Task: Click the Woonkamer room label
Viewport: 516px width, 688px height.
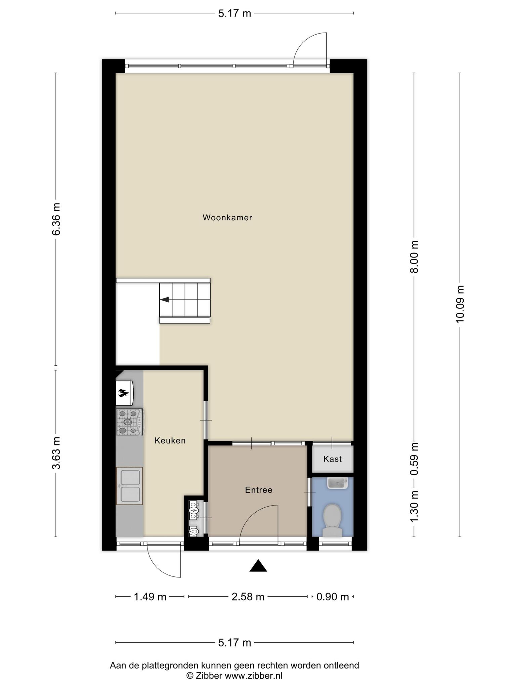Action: pyautogui.click(x=227, y=218)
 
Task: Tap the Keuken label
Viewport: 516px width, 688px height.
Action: pyautogui.click(x=170, y=440)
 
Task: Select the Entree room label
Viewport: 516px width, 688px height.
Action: pyautogui.click(x=259, y=490)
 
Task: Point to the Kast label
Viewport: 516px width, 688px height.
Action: pyautogui.click(x=333, y=459)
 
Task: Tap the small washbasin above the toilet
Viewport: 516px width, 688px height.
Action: pyautogui.click(x=338, y=483)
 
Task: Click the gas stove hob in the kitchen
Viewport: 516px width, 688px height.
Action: pyautogui.click(x=129, y=422)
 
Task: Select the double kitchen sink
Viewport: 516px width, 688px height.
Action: pyautogui.click(x=130, y=486)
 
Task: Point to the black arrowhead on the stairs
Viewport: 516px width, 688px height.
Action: pyautogui.click(x=164, y=300)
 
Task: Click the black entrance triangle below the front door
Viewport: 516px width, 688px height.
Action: pyautogui.click(x=258, y=566)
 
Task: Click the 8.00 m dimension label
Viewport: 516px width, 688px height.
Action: pyautogui.click(x=415, y=257)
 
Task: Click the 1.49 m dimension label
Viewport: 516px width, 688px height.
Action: pyautogui.click(x=150, y=597)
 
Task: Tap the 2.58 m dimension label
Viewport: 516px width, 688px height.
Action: pyautogui.click(x=248, y=597)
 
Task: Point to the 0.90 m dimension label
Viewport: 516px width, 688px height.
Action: pyautogui.click(x=333, y=597)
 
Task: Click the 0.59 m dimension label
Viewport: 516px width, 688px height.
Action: pyautogui.click(x=415, y=459)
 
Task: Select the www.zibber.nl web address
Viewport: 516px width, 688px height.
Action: pyautogui.click(x=253, y=676)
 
